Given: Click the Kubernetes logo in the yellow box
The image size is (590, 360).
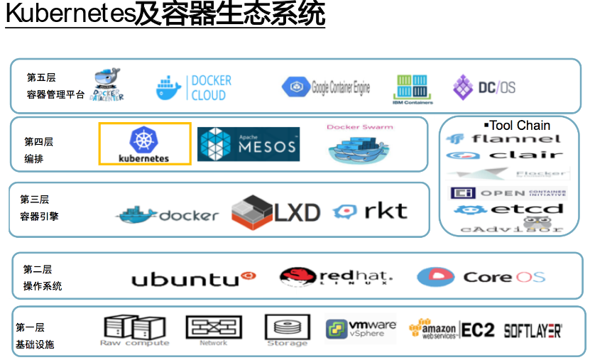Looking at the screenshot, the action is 144,144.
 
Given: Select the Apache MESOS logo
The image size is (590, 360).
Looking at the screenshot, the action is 248,144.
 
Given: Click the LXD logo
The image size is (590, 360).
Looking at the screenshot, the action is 275,211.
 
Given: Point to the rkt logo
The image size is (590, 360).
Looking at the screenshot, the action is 371,211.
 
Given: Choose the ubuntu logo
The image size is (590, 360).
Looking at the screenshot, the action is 193,278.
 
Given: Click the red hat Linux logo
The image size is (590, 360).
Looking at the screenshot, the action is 336,277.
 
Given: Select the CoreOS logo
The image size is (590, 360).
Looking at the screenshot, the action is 481,277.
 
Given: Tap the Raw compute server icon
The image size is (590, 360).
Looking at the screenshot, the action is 134,330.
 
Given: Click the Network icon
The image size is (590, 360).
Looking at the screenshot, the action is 214,330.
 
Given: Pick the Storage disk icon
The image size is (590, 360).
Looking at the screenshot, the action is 288,330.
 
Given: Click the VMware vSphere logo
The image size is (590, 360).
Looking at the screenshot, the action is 361,329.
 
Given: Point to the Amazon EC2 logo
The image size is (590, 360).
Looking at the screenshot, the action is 452,330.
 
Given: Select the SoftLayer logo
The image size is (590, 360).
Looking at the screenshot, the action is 532,330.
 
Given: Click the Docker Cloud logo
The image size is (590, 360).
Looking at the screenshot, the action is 194,88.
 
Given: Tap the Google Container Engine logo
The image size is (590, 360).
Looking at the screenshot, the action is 326,88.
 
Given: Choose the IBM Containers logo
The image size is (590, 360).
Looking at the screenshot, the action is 413,89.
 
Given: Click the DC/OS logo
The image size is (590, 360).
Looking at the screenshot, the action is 484,87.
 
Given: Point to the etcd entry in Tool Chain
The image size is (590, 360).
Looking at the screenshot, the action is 508,209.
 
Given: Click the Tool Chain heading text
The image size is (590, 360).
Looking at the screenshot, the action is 519,126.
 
